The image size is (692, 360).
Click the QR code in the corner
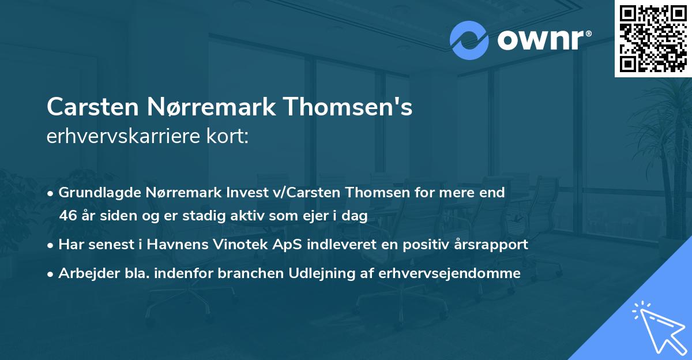click(653, 38)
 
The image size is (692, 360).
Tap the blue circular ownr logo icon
click(469, 40)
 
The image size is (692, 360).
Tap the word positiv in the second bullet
click(423, 245)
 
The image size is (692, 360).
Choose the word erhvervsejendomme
click(449, 273)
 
